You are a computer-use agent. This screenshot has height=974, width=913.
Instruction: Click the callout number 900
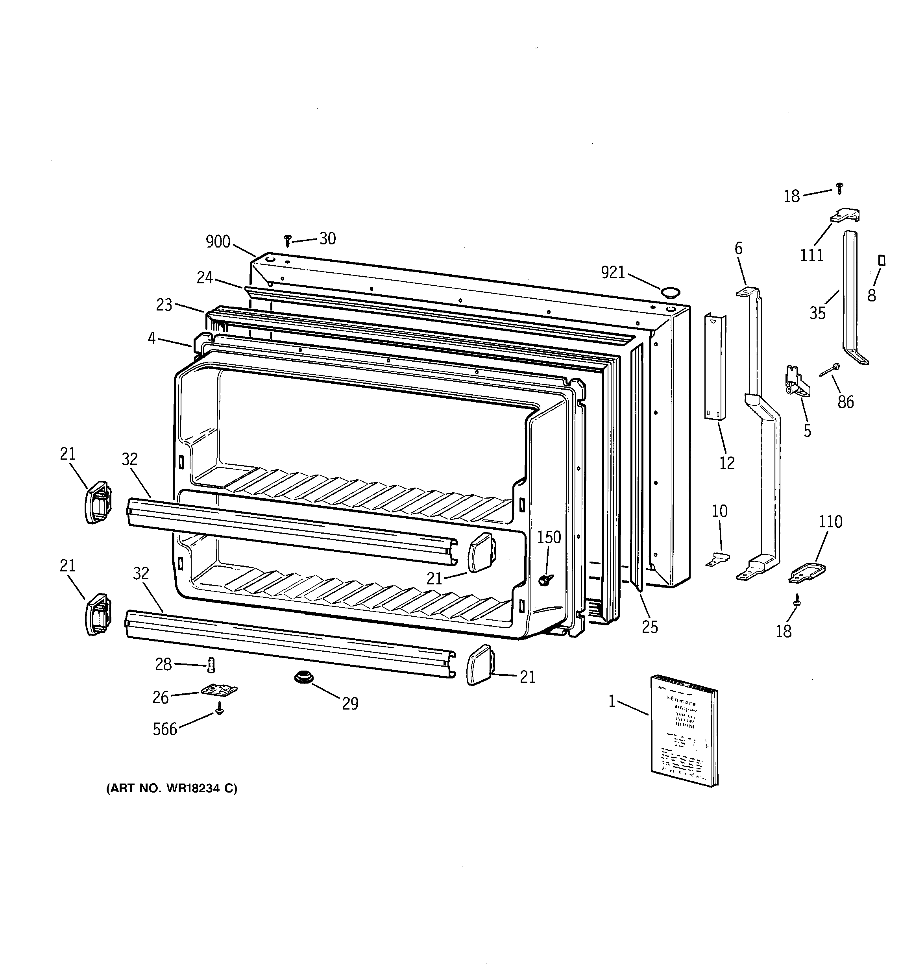click(x=218, y=242)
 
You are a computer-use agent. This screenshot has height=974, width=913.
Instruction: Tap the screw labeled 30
click(x=288, y=240)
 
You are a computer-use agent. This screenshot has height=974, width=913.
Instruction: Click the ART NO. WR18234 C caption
click(x=172, y=788)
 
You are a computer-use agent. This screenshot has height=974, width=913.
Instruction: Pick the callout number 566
click(x=164, y=729)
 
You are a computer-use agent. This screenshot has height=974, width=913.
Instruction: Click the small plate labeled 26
click(x=218, y=690)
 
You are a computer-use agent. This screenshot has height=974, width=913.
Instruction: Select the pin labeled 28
click(x=212, y=665)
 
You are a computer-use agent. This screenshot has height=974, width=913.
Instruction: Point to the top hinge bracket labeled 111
click(x=845, y=216)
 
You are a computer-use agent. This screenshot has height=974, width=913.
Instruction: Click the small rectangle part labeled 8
click(x=882, y=261)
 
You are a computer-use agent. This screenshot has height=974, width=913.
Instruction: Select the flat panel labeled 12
click(x=715, y=366)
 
